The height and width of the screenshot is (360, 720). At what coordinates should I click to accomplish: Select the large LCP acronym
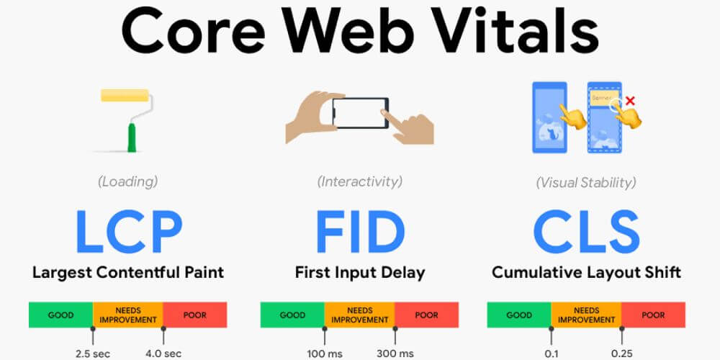coord(128,230)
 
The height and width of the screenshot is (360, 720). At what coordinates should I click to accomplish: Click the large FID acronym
coord(359,230)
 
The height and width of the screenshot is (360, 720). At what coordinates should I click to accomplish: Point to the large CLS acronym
coord(586,230)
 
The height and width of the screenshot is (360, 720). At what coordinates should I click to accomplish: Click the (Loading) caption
coord(128,181)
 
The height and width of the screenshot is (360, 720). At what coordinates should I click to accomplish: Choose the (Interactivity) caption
coord(360,181)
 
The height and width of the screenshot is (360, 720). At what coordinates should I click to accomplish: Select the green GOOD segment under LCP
coord(61,315)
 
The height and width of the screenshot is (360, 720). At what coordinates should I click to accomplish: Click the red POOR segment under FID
coord(427,315)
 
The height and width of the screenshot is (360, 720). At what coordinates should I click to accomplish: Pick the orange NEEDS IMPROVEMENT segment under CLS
coord(586,315)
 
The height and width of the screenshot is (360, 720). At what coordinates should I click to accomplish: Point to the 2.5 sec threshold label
coord(93,353)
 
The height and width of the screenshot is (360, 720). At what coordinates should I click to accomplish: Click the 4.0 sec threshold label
coord(163,353)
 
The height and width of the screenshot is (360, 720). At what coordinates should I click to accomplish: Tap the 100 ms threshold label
coord(325,353)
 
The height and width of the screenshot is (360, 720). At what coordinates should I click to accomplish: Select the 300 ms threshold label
coord(395,353)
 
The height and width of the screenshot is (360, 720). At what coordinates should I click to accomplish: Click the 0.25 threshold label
coord(621,353)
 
